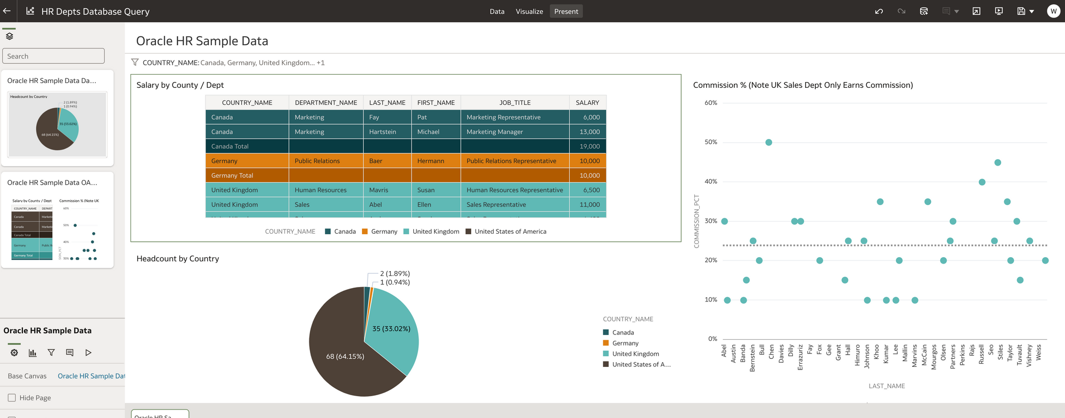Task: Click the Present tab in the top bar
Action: click(566, 11)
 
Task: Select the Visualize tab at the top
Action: click(529, 11)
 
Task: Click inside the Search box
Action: click(53, 56)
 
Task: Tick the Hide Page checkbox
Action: click(12, 398)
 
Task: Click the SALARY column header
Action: click(587, 103)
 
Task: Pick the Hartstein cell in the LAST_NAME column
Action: click(382, 132)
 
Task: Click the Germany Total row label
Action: click(232, 175)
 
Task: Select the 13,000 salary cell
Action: click(589, 132)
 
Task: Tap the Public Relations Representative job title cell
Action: click(511, 161)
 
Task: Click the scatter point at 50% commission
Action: click(768, 142)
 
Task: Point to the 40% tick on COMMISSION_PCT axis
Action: click(711, 182)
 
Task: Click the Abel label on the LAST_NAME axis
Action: click(724, 351)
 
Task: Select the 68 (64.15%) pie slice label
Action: click(345, 356)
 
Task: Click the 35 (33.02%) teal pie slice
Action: click(391, 329)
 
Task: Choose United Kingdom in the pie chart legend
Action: click(635, 354)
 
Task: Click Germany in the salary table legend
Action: click(383, 232)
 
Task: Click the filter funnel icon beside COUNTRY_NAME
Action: click(135, 62)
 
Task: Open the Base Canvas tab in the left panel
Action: click(27, 376)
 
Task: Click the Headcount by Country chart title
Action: click(178, 259)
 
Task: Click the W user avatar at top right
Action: click(1053, 11)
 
